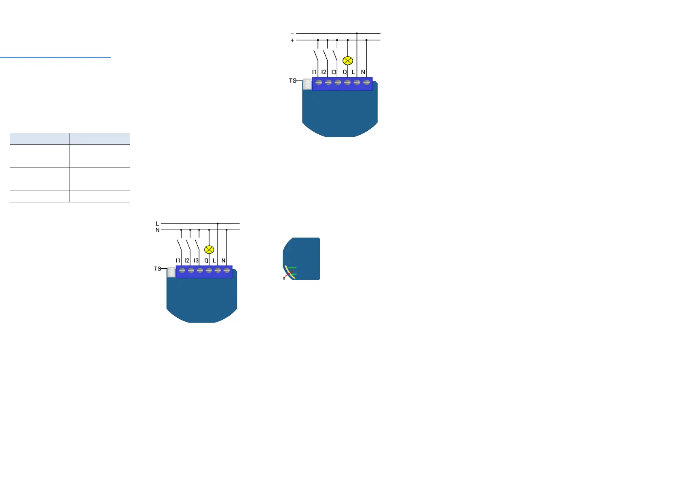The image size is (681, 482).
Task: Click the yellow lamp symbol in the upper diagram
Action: [x=348, y=61]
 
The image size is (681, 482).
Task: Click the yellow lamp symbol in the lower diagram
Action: [x=209, y=250]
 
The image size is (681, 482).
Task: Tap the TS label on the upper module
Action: [x=292, y=81]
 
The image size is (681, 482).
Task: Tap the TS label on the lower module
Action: [x=157, y=269]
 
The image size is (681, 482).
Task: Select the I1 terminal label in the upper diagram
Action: [x=314, y=72]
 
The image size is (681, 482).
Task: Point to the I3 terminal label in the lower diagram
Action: [x=196, y=261]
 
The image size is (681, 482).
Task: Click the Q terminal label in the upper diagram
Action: [x=345, y=72]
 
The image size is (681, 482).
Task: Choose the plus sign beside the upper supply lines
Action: [x=292, y=40]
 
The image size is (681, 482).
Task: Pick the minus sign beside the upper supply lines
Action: [x=292, y=34]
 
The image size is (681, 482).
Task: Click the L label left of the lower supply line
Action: [x=157, y=223]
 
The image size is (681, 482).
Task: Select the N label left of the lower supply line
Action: [x=157, y=230]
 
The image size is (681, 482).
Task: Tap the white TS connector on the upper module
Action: [x=307, y=84]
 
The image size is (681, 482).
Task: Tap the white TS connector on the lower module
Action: [x=171, y=272]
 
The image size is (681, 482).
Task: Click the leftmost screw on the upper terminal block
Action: [x=319, y=83]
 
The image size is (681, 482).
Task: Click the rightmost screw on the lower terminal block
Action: [x=227, y=270]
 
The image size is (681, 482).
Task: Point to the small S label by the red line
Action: [x=284, y=278]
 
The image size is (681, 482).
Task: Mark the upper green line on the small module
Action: [x=292, y=268]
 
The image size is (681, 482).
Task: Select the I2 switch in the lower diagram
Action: [x=188, y=245]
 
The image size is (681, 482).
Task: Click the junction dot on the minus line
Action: [x=357, y=33]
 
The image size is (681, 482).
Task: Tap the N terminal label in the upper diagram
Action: [x=363, y=72]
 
